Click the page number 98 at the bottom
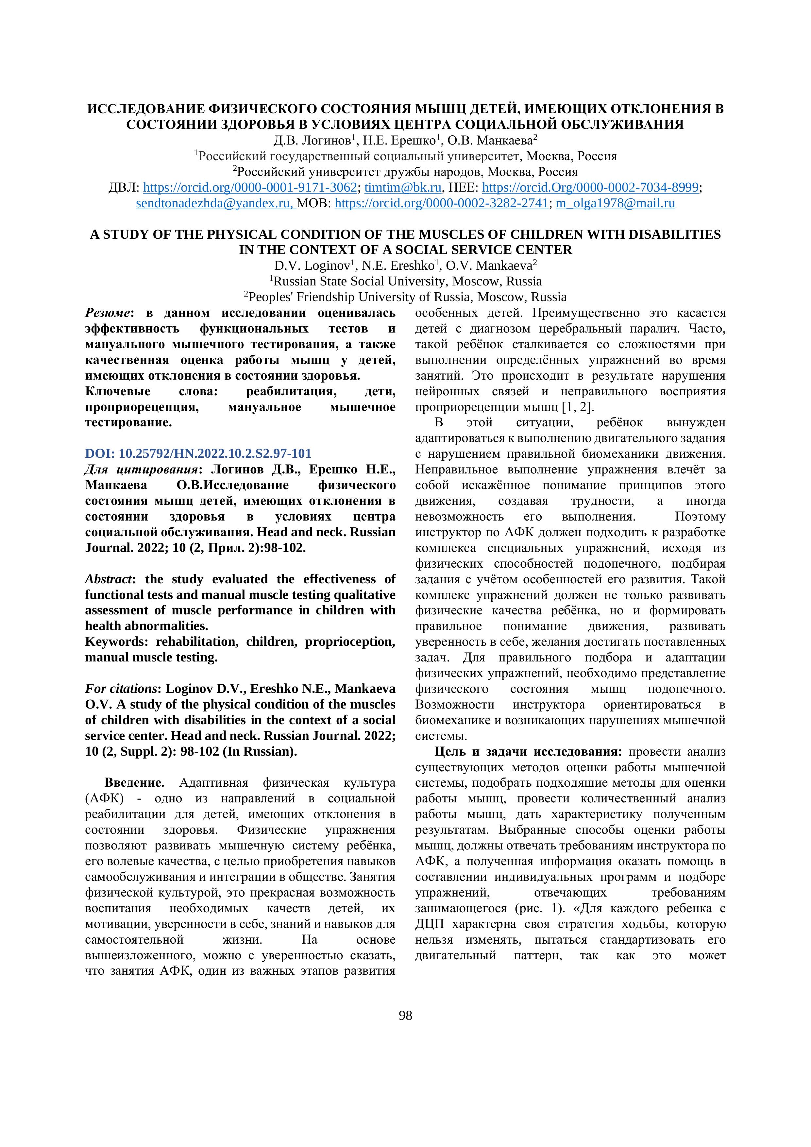[x=405, y=1016]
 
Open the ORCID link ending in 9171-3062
[x=250, y=188]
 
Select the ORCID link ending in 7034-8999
[x=590, y=188]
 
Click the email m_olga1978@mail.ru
[x=615, y=204]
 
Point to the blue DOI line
[x=198, y=454]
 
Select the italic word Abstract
[x=109, y=579]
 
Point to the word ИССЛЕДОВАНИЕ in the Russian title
[x=146, y=109]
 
